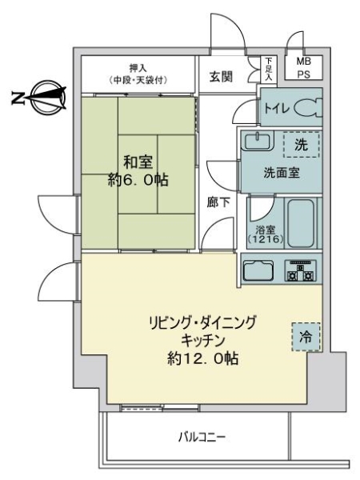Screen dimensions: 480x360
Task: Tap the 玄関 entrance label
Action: click(222, 77)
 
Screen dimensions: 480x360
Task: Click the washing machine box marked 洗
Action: click(301, 146)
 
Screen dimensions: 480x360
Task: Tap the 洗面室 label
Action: click(282, 173)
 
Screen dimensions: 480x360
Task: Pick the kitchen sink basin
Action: click(259, 271)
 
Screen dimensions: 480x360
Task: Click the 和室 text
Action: click(138, 159)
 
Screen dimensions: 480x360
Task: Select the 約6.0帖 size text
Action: click(138, 180)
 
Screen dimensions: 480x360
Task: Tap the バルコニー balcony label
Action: click(201, 438)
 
